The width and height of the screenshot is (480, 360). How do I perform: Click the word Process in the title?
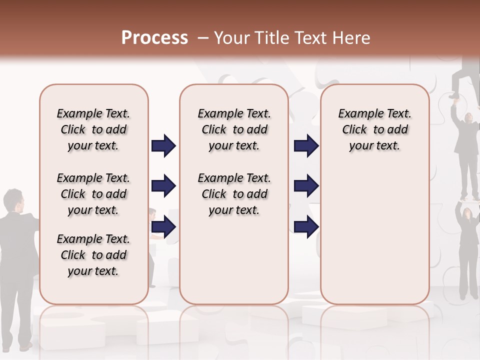[154, 37]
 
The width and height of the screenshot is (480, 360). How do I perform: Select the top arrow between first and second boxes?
[163, 145]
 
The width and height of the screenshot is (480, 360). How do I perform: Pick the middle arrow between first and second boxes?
[163, 186]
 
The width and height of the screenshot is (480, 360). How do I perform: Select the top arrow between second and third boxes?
[306, 145]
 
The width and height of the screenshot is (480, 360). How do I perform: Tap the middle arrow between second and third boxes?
[306, 186]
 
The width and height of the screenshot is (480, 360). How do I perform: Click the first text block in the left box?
[93, 129]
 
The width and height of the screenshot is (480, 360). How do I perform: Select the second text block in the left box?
[93, 194]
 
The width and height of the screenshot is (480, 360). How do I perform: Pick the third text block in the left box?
[93, 255]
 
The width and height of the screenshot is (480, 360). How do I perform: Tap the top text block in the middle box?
[234, 129]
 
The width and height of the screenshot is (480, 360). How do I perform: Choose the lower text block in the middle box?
[234, 194]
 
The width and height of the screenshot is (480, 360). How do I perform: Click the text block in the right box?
[374, 129]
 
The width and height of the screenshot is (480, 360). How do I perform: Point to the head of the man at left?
[14, 200]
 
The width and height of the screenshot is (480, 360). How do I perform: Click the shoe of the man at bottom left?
[25, 346]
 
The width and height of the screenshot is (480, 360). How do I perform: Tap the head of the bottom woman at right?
[466, 213]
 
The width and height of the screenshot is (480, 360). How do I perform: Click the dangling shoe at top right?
[454, 94]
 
